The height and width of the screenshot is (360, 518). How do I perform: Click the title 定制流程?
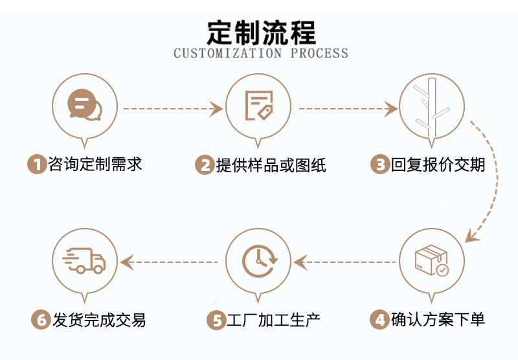pos(261,31)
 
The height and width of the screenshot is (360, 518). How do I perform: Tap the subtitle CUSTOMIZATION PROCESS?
pos(261,53)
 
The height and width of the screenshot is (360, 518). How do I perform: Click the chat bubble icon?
pos(84,106)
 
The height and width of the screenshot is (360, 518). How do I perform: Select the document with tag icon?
pos(258,106)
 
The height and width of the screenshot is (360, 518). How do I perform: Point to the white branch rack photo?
pos(432,106)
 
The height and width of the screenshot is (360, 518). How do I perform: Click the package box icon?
pos(432,261)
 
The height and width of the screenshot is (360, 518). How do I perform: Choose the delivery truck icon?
pos(84,261)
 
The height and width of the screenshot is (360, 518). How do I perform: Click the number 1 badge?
pos(38,164)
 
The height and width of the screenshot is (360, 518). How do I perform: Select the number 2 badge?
pos(205,165)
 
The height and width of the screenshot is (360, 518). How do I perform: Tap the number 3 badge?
pos(379,165)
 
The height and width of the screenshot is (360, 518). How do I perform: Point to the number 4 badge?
pos(379,320)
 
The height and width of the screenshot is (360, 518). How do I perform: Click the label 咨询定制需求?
pos(95,164)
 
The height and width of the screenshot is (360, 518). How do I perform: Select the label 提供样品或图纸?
pos(271,165)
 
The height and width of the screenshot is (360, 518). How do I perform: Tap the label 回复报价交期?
pos(438,165)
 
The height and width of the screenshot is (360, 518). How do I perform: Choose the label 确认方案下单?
pos(438,320)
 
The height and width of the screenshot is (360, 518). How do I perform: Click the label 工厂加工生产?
pos(273,320)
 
